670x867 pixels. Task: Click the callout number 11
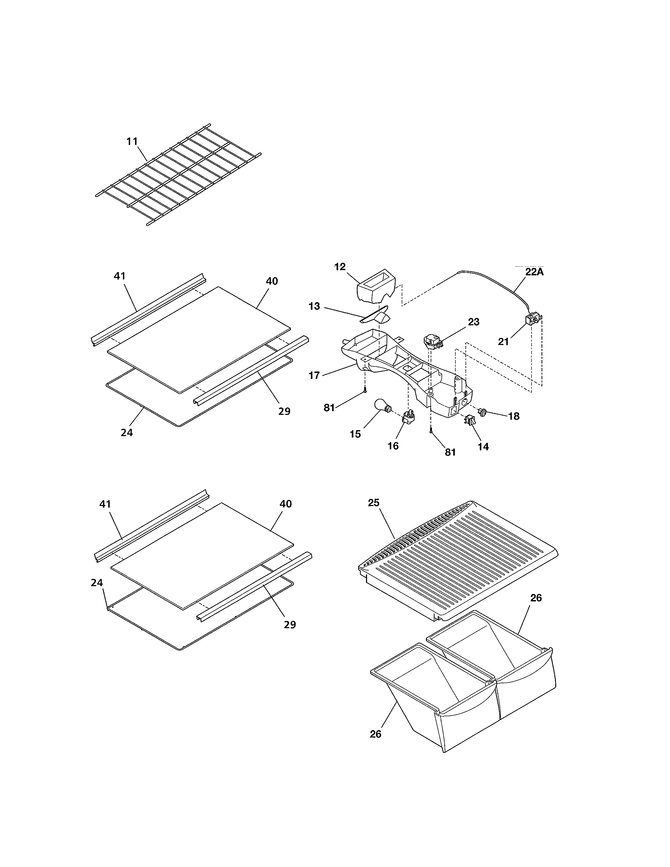tap(132, 141)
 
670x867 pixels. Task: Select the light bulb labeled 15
tap(382, 407)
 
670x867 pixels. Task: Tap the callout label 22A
tap(534, 272)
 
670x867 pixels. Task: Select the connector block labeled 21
tap(532, 319)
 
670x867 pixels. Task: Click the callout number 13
tap(314, 306)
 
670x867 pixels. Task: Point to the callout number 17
tap(314, 375)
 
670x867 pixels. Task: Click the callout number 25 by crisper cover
tap(374, 503)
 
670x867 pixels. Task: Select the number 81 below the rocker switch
tap(450, 452)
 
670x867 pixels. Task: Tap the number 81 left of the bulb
tap(329, 408)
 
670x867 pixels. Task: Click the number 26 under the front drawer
tap(375, 734)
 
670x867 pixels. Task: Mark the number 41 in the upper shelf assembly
tap(120, 276)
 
